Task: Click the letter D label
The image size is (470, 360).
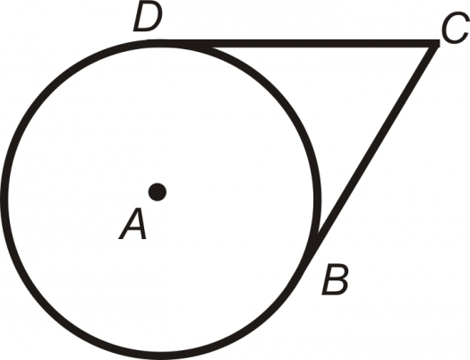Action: point(148,15)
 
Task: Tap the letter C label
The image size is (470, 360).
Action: point(455,28)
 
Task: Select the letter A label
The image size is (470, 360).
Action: point(132,224)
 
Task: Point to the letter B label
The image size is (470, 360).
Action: point(335,279)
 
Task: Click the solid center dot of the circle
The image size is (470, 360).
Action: point(158,192)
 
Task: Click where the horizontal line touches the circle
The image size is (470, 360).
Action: point(161,43)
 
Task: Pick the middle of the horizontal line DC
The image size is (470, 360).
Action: point(294,44)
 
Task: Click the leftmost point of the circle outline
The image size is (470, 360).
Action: point(4,200)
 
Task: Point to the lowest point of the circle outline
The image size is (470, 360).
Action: point(161,356)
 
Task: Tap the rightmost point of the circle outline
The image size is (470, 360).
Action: point(318,200)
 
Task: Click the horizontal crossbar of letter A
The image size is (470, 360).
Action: point(133,228)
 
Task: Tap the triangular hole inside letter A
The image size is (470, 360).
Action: point(135,219)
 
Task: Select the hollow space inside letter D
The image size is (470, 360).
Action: point(148,15)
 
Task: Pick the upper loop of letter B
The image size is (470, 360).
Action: point(338,272)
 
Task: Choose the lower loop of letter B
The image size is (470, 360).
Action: point(335,287)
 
